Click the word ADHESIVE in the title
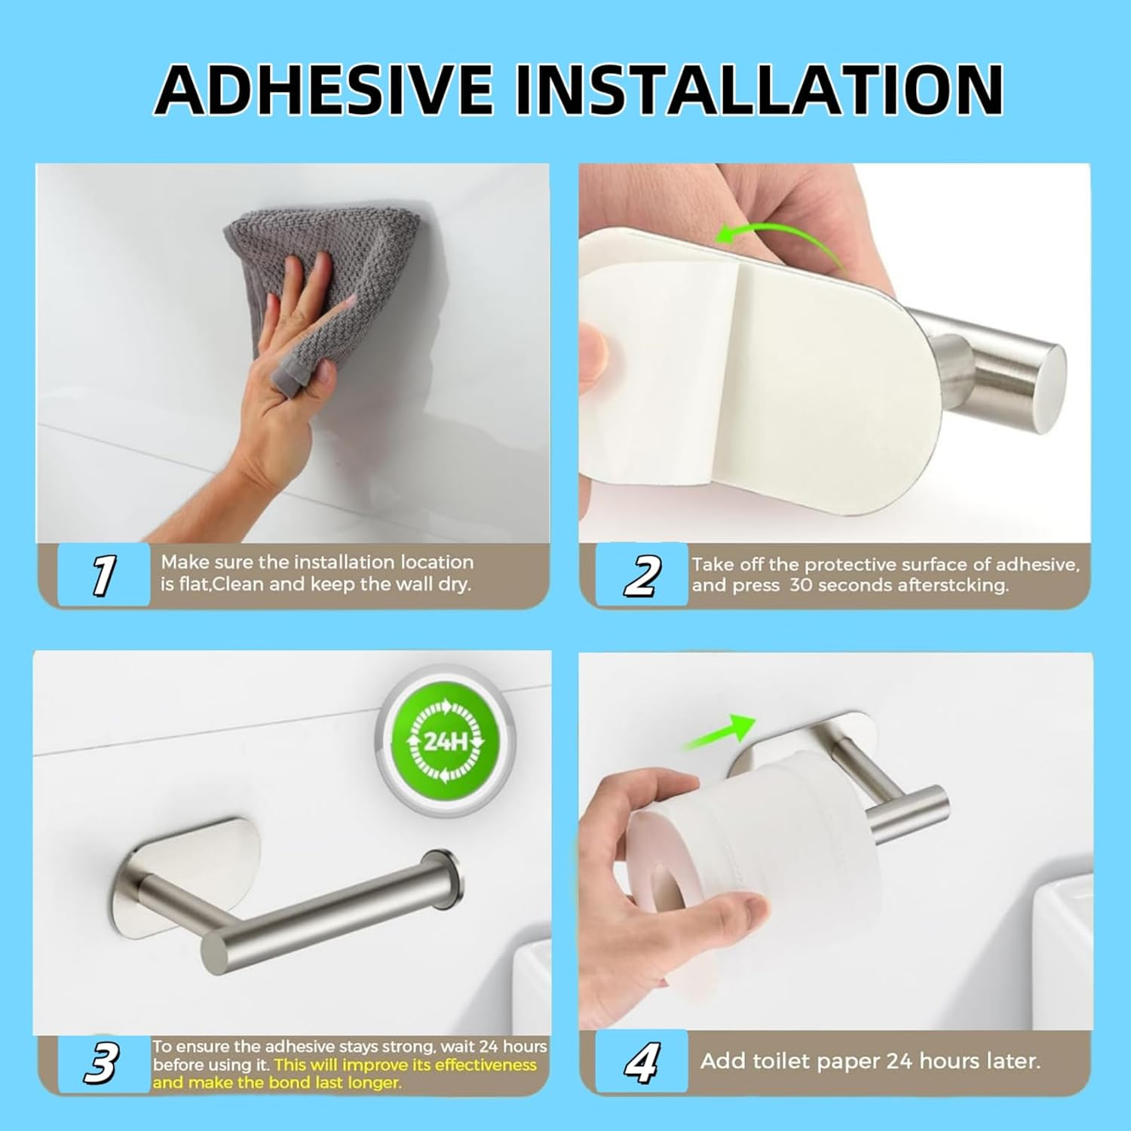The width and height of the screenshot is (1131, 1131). [324, 89]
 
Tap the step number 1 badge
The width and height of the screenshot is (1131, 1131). [103, 575]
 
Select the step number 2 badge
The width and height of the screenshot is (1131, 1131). [642, 575]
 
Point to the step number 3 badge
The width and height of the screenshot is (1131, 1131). [102, 1063]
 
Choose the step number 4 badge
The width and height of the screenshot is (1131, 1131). [642, 1062]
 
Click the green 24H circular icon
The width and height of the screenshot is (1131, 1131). [445, 742]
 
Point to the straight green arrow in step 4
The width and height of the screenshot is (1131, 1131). [720, 733]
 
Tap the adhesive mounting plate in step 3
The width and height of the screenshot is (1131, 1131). [188, 852]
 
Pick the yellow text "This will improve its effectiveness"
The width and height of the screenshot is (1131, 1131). [406, 1065]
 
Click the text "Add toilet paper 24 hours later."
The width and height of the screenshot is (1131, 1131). [870, 1061]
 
